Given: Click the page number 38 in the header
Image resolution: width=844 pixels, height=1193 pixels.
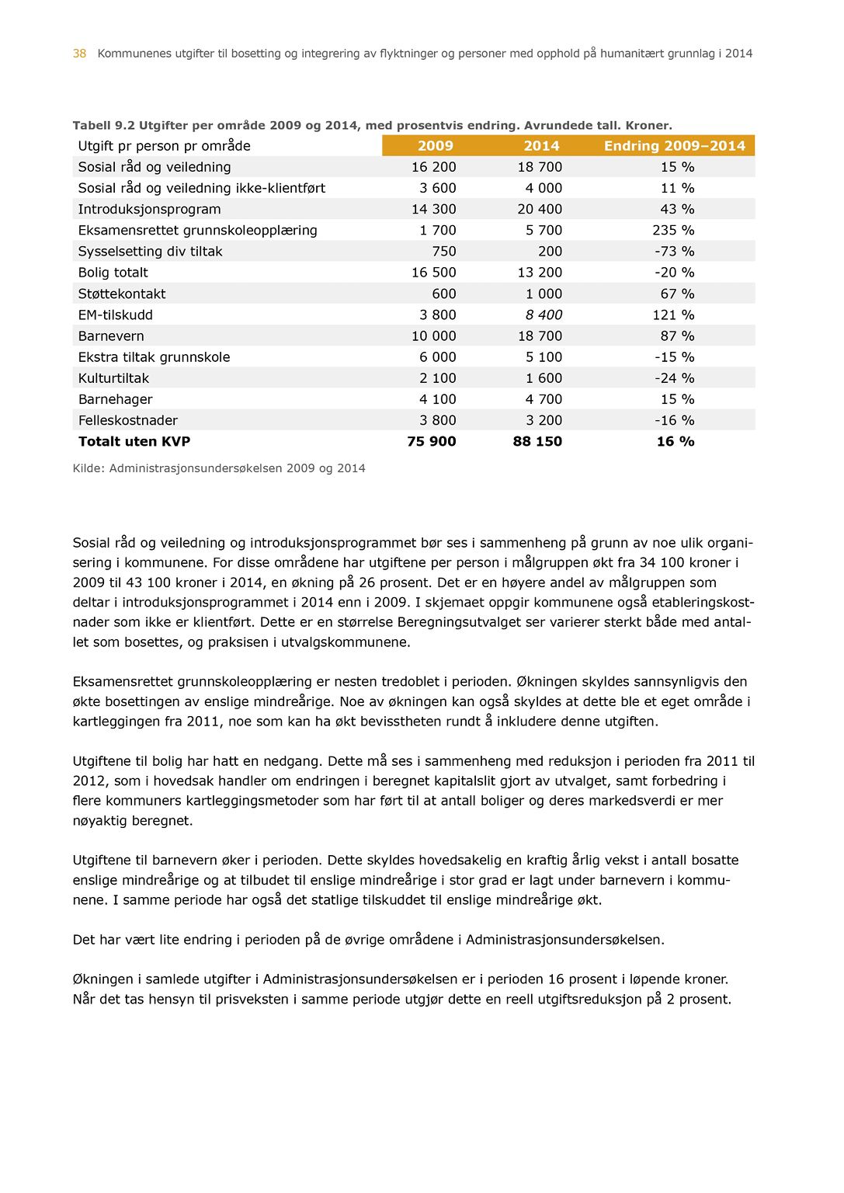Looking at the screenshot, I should click(x=79, y=54).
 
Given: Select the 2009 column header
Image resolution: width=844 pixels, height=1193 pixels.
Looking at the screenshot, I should click(x=435, y=146).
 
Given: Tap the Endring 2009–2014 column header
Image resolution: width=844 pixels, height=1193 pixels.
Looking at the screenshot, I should click(x=674, y=146).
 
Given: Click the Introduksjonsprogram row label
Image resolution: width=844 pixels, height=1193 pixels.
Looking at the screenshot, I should click(x=149, y=210).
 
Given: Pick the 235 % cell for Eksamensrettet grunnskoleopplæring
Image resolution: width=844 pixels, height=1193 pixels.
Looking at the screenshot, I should click(x=673, y=231).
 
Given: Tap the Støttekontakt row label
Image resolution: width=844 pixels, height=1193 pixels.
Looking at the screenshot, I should click(x=122, y=294).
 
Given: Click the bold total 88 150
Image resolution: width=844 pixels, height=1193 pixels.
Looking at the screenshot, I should click(x=537, y=442).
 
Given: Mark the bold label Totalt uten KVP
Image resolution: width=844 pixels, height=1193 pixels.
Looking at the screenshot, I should click(x=134, y=442).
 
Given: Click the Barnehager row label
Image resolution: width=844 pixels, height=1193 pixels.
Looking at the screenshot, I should click(x=116, y=399).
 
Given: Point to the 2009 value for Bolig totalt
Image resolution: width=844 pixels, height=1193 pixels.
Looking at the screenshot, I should click(x=433, y=273).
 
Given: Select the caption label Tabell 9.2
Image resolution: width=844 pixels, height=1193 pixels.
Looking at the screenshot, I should click(x=103, y=126).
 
